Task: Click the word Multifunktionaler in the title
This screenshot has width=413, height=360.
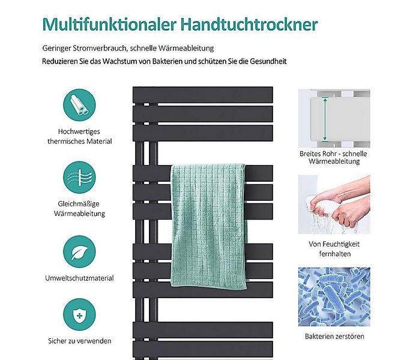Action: tap(107, 25)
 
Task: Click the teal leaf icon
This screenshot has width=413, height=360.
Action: tap(79, 251)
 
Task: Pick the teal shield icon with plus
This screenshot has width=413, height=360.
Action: tap(79, 317)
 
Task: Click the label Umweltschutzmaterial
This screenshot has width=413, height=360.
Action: tap(79, 278)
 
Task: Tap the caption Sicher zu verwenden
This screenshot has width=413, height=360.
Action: tap(79, 341)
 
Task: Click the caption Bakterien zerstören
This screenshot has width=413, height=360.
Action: tap(334, 337)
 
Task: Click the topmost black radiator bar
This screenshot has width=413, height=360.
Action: tap(203, 95)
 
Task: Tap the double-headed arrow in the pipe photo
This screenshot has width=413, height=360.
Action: tap(325, 119)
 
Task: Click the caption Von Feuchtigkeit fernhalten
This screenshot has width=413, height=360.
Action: tap(334, 249)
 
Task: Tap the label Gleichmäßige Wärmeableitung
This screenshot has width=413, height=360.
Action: tap(79, 208)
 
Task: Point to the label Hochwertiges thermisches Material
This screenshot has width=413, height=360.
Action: tap(79, 136)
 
